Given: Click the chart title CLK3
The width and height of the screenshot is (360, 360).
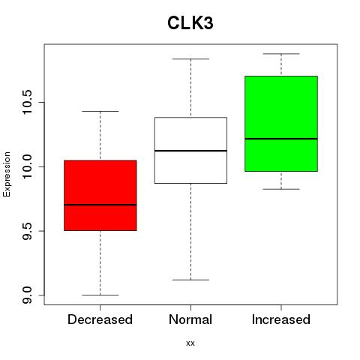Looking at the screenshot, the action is click(190, 23).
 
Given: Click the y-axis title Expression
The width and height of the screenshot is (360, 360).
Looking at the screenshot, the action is click(7, 174).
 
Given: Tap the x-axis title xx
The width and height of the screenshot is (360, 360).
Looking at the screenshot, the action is click(190, 343).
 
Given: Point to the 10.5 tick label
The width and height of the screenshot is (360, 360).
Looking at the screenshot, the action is click(27, 103).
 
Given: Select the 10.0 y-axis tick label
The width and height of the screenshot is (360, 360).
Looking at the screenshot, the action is click(27, 166).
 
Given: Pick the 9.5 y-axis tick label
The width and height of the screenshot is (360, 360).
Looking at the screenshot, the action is click(27, 231).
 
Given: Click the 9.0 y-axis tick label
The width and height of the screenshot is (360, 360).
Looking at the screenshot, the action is click(27, 295).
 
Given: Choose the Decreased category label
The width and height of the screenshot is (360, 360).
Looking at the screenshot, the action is click(100, 319).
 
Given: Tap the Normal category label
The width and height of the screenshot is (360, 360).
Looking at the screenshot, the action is click(190, 319).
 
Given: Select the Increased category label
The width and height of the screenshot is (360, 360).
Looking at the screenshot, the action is click(281, 319).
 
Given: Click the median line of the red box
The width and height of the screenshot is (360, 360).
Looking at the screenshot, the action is click(100, 205).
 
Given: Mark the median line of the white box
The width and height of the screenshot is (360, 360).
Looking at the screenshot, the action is click(190, 151).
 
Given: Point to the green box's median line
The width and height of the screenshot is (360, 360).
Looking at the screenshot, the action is click(281, 139).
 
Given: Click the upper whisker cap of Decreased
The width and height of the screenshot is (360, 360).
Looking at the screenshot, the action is click(100, 111).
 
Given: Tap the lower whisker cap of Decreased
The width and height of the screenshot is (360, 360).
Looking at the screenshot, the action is click(100, 295).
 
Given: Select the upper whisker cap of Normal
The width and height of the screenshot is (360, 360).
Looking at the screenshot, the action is click(190, 59).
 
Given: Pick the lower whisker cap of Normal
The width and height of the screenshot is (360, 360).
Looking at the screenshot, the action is click(190, 280).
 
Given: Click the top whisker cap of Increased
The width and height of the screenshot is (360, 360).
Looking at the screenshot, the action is click(281, 54).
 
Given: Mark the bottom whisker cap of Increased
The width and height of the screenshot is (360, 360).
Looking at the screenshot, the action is click(281, 189).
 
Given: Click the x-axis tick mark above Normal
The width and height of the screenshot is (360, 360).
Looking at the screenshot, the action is click(190, 307).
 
